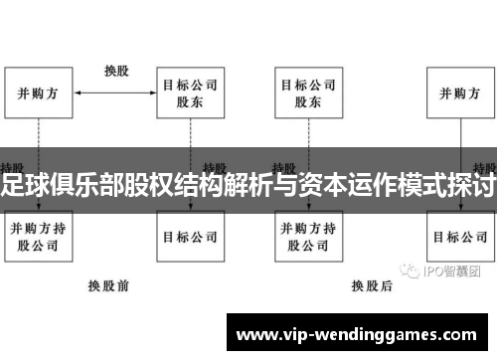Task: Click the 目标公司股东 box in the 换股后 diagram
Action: tap(307, 92)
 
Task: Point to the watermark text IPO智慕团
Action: tap(459, 270)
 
